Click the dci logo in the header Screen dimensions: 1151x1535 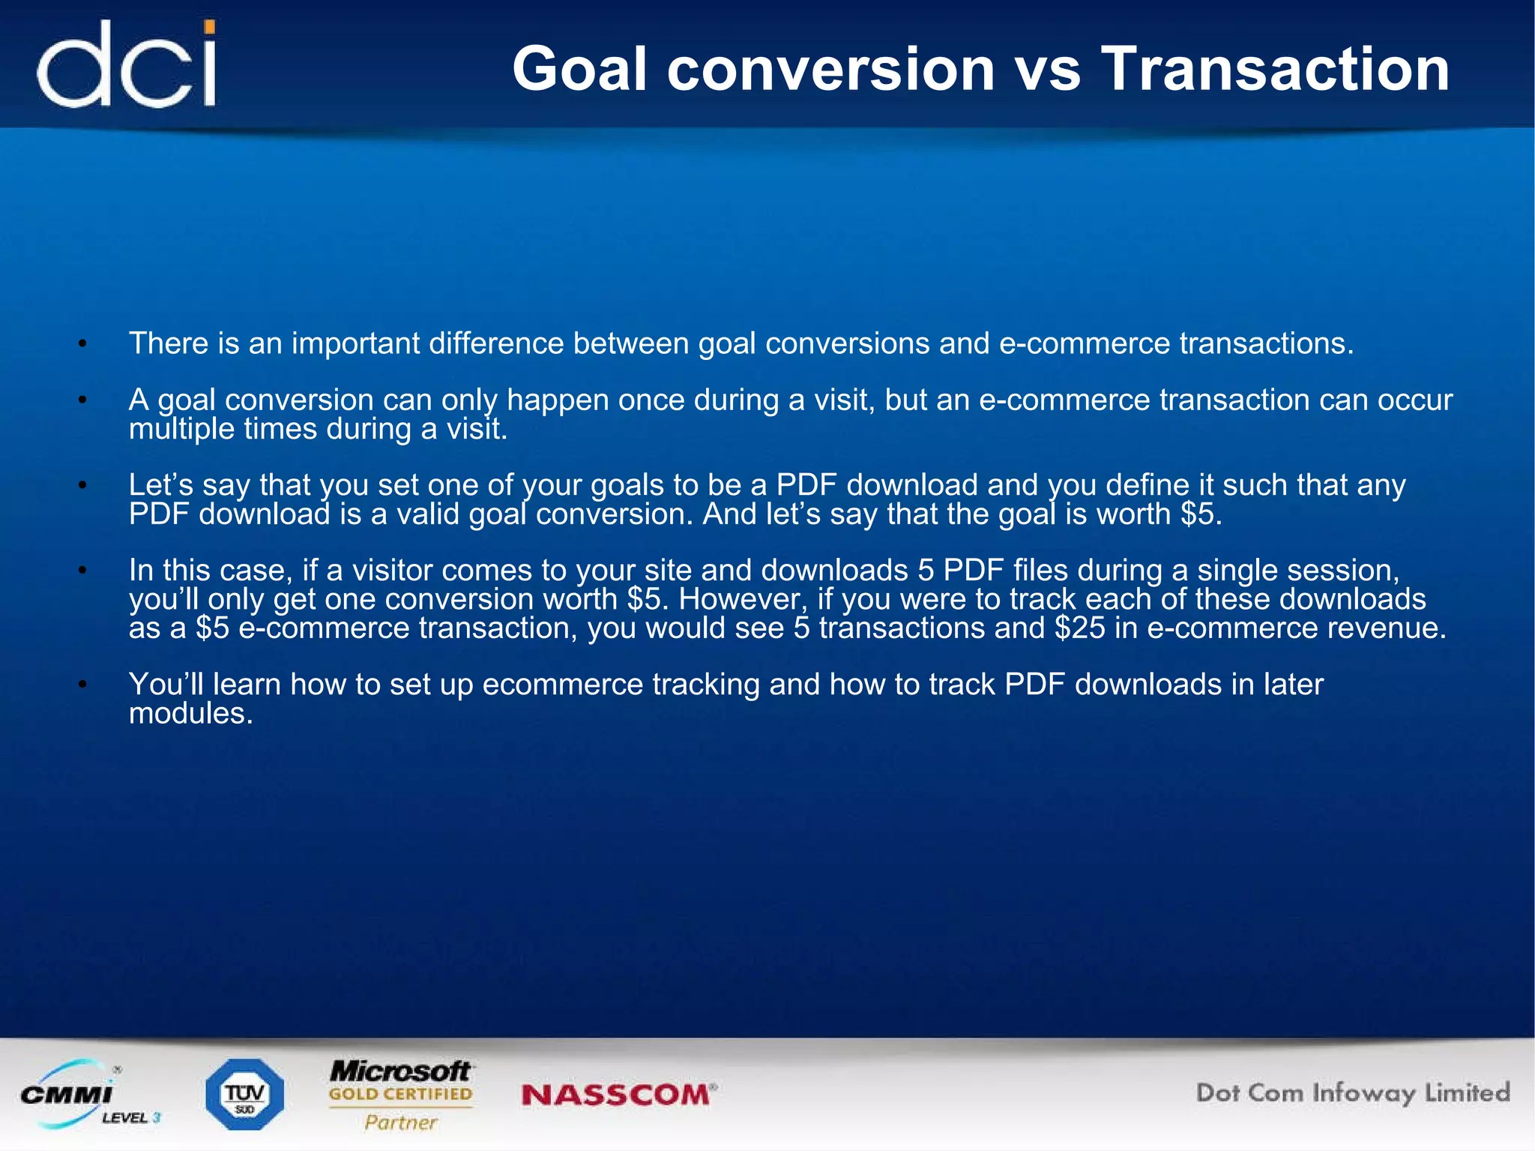[126, 65]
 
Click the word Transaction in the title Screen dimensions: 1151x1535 [1275, 69]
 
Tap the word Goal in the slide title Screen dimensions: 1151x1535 [579, 69]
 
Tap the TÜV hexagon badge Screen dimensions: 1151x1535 [244, 1094]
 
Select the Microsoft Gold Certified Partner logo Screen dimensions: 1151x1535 [401, 1094]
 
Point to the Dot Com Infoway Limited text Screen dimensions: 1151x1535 [1352, 1093]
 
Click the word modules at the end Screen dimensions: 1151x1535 [190, 713]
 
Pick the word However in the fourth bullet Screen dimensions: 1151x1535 [741, 599]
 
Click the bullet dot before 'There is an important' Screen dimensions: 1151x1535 [83, 344]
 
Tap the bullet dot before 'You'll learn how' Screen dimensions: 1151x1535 [83, 685]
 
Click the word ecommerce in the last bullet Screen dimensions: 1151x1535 [562, 685]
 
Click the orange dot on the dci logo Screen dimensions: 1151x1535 [211, 28]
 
